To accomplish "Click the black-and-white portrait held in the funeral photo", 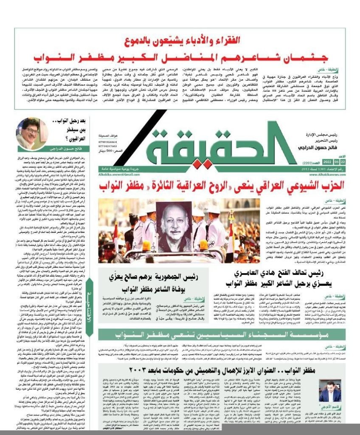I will (x=174, y=226).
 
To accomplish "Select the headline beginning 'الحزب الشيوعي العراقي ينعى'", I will (x=221, y=186).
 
